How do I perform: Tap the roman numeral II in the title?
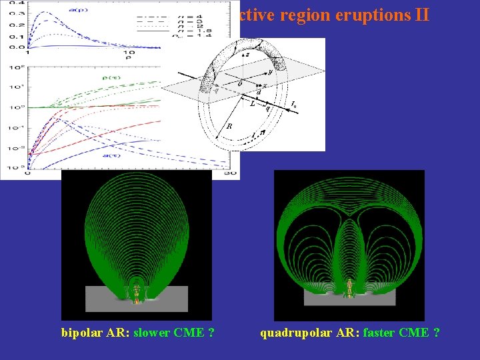tap(419, 15)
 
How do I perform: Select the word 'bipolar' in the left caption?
tap(83, 333)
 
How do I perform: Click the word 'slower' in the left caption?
tap(152, 333)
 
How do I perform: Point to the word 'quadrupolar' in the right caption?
tap(293, 333)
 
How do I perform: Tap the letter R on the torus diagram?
tap(229, 125)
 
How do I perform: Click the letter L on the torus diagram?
tap(252, 103)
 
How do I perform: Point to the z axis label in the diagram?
tap(247, 55)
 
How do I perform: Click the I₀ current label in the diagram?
tap(294, 105)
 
